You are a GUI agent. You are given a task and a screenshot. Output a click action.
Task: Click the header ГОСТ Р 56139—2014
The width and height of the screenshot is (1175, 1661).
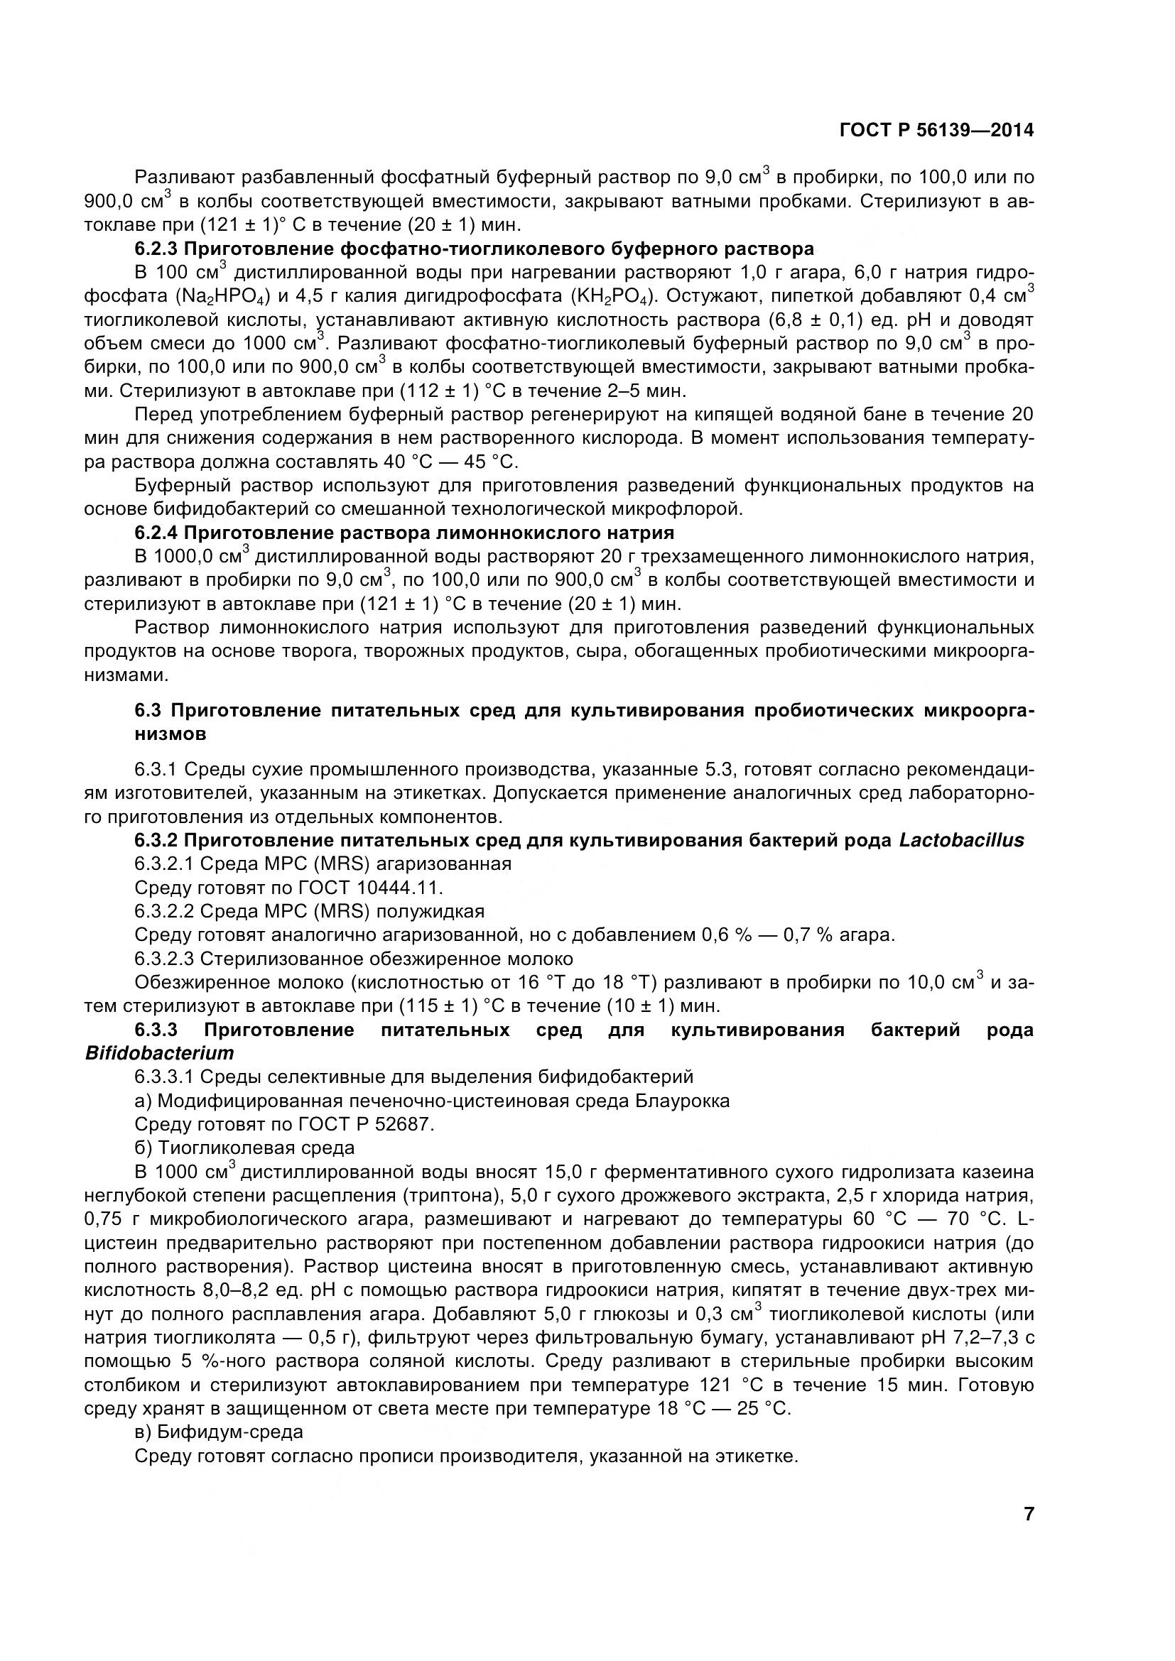coord(936,130)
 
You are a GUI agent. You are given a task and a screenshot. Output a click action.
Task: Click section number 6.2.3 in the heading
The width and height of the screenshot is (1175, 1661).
coord(155,249)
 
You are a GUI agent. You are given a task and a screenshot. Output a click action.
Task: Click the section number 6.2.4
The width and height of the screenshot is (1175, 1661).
coord(155,533)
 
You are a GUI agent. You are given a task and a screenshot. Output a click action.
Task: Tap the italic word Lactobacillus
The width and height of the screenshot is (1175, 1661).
coord(962,840)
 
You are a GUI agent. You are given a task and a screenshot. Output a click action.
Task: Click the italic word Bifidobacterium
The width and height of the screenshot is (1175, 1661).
coord(159,1052)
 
